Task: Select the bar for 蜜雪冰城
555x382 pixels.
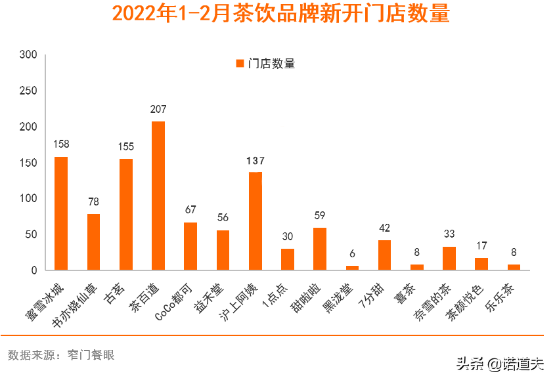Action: tap(61, 213)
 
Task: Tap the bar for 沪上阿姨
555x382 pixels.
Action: tap(255, 221)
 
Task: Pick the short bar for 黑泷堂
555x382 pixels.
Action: tap(353, 268)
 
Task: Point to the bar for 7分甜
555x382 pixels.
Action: tap(385, 255)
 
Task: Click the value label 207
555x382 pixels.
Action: tap(158, 109)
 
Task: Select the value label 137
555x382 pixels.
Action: tap(255, 160)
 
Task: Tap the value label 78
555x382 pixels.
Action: tap(93, 202)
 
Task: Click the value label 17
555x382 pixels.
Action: tap(481, 246)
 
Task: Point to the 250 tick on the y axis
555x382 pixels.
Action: tap(28, 91)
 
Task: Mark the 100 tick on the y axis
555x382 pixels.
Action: tap(28, 198)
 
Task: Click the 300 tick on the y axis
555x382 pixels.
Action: tap(28, 54)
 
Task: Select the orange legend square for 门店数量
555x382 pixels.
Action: tap(240, 64)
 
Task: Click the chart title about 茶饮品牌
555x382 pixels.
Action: tap(281, 14)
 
